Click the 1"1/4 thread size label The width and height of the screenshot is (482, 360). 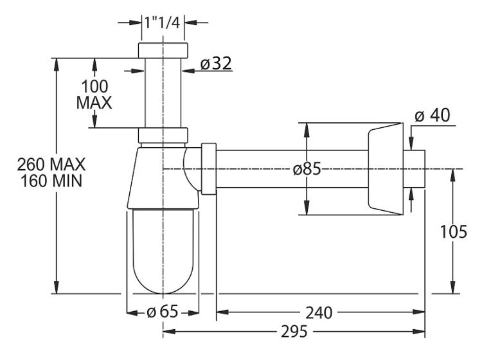(x=162, y=22)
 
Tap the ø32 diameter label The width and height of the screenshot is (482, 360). (x=216, y=64)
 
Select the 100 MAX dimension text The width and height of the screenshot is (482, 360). (x=94, y=94)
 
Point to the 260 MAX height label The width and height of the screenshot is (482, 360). (x=51, y=164)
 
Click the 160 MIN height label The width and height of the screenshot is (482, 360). (x=51, y=181)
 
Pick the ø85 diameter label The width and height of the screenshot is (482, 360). (x=307, y=169)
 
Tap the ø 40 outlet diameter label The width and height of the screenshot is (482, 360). (x=433, y=116)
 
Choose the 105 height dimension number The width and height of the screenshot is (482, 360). (x=454, y=231)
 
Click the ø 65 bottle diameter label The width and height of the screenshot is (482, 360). (x=163, y=312)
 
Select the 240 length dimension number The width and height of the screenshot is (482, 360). (x=319, y=313)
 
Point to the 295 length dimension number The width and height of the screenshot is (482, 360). (x=294, y=332)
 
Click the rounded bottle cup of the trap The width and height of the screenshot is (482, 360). (x=163, y=251)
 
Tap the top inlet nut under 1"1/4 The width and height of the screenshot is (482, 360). (x=163, y=50)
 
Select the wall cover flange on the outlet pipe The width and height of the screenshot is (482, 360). (x=386, y=169)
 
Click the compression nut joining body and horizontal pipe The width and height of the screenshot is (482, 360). (x=209, y=169)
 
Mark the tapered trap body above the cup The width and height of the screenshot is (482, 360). (x=163, y=178)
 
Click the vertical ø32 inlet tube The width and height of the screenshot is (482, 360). (x=163, y=93)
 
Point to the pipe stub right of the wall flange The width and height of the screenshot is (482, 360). (x=414, y=169)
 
